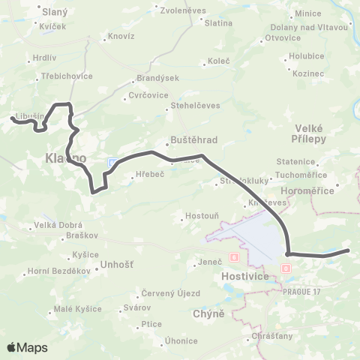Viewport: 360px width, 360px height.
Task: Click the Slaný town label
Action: click(x=55, y=13)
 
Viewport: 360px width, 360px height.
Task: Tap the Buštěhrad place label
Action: click(x=186, y=140)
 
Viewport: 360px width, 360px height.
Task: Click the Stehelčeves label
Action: click(x=196, y=106)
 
